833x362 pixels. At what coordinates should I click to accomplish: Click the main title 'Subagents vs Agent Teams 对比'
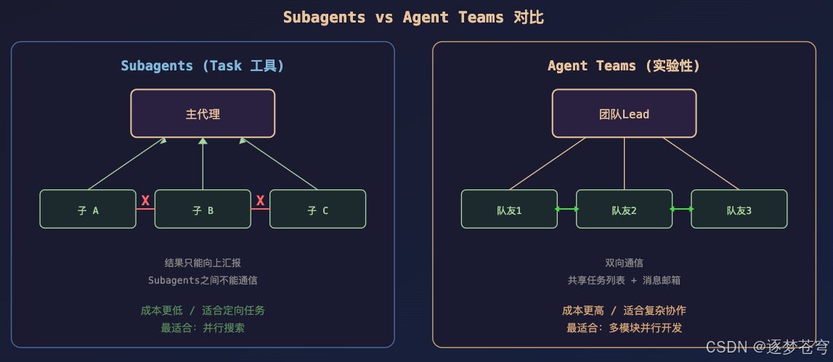(x=413, y=17)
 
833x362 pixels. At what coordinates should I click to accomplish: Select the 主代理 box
(x=203, y=113)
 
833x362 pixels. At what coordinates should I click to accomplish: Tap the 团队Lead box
(x=624, y=113)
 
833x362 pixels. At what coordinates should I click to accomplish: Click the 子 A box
(x=88, y=210)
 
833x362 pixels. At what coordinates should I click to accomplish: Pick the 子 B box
(x=203, y=210)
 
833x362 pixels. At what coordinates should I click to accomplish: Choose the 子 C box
(x=317, y=210)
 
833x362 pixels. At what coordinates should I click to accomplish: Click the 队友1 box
(x=509, y=210)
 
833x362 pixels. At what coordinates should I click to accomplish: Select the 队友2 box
(x=624, y=210)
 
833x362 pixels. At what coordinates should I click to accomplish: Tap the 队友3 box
(x=739, y=210)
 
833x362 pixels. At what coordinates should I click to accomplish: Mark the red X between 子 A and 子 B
(x=145, y=201)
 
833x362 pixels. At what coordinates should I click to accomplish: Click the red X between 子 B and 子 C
(x=260, y=201)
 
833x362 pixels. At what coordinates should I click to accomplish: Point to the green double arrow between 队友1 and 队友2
(x=566, y=209)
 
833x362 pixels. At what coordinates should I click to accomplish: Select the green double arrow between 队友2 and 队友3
(x=681, y=209)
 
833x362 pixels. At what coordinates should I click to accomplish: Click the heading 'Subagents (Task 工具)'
(x=203, y=66)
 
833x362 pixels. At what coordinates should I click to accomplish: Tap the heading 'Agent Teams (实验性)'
(x=624, y=66)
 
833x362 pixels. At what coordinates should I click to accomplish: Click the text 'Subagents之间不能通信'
(x=203, y=280)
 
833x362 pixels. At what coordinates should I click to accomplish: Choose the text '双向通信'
(x=624, y=263)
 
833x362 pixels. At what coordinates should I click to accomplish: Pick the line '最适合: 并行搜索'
(x=203, y=328)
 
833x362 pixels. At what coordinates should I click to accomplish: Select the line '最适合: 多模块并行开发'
(x=624, y=328)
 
